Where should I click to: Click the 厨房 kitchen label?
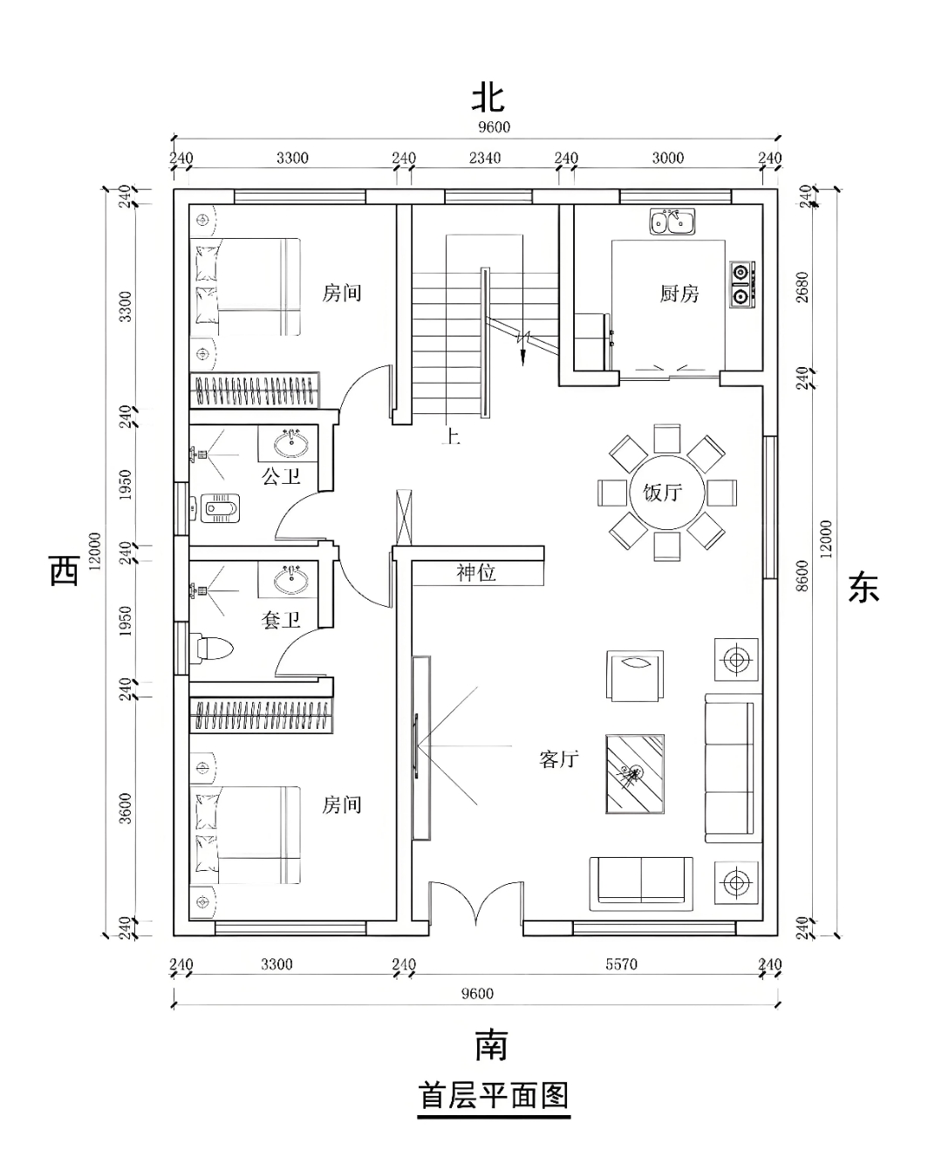(x=679, y=294)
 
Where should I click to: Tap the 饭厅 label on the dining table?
(x=663, y=493)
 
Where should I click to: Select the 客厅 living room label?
(x=559, y=759)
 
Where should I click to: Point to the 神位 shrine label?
(x=476, y=573)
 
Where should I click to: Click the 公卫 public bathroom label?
(x=281, y=476)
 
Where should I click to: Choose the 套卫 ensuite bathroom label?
(x=281, y=620)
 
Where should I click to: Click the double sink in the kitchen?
(x=672, y=222)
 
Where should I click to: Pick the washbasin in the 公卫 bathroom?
(x=290, y=445)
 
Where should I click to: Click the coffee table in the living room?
(x=634, y=772)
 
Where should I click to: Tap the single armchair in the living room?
(x=634, y=676)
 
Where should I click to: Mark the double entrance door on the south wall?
(x=475, y=907)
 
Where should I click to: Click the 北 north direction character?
(x=488, y=98)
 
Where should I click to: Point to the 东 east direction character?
(x=863, y=588)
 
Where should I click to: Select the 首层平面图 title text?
(x=494, y=1095)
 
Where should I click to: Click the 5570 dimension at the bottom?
(x=621, y=964)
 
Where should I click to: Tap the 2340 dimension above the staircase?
(x=485, y=158)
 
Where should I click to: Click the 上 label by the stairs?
(x=451, y=436)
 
